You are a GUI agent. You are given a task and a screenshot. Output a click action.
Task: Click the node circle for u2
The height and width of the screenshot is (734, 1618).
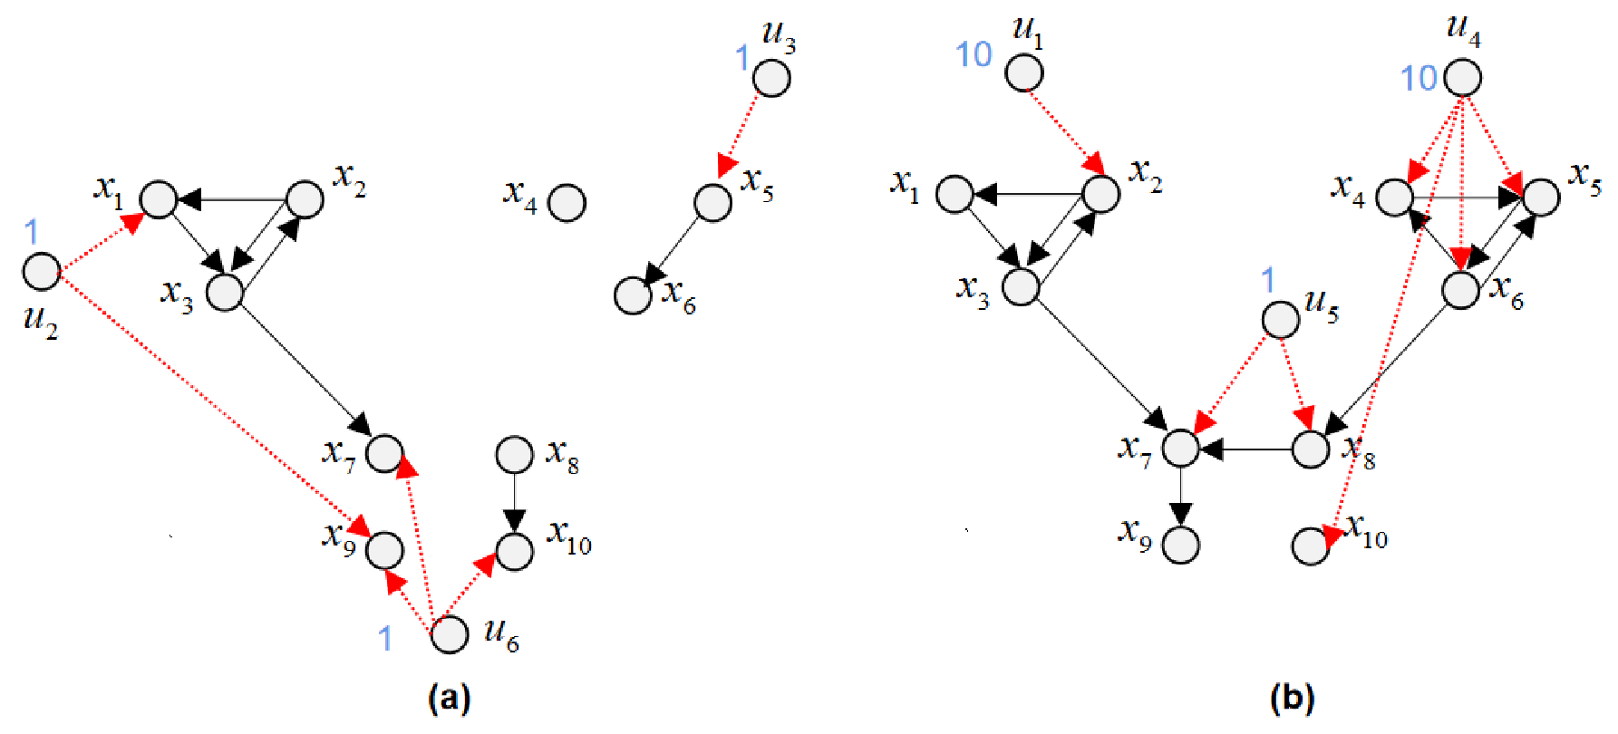(x=42, y=272)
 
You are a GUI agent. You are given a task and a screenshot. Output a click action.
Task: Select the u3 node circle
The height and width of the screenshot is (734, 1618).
(x=772, y=78)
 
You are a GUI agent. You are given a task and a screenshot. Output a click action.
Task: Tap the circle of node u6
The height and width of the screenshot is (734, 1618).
(x=450, y=634)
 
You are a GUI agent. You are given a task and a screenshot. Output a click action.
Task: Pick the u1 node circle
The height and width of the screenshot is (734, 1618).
(x=1024, y=72)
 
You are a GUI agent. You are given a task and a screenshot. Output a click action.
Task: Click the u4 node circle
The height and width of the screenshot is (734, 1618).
(x=1463, y=78)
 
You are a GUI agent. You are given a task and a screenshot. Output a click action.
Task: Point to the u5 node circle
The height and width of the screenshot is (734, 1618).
(x=1281, y=320)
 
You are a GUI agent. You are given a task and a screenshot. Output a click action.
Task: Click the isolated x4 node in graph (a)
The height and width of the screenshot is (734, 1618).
(x=567, y=203)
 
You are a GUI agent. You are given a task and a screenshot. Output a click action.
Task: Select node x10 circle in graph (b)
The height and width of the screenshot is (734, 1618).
(x=1311, y=546)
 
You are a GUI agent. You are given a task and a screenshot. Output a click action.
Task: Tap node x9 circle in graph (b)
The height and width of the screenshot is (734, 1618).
(x=1181, y=545)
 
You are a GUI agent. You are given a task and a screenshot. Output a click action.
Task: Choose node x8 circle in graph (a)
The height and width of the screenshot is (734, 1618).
(x=515, y=455)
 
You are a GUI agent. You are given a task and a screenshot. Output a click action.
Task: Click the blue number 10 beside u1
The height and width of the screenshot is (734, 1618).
(x=974, y=55)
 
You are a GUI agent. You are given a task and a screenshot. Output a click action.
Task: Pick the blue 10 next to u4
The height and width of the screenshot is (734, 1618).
(x=1419, y=79)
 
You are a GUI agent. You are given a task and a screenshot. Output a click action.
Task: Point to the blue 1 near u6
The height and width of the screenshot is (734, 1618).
(x=386, y=639)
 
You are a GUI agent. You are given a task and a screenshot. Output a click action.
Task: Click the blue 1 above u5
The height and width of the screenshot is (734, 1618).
(x=1268, y=280)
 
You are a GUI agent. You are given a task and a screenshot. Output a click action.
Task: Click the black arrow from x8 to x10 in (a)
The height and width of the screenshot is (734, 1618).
(x=515, y=503)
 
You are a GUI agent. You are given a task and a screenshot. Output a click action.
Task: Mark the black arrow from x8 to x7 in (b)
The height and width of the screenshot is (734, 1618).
(x=1246, y=449)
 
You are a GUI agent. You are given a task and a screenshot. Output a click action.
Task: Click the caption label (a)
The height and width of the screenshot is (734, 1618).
(x=450, y=699)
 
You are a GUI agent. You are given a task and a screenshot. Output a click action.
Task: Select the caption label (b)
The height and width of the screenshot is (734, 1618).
(x=1293, y=699)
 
